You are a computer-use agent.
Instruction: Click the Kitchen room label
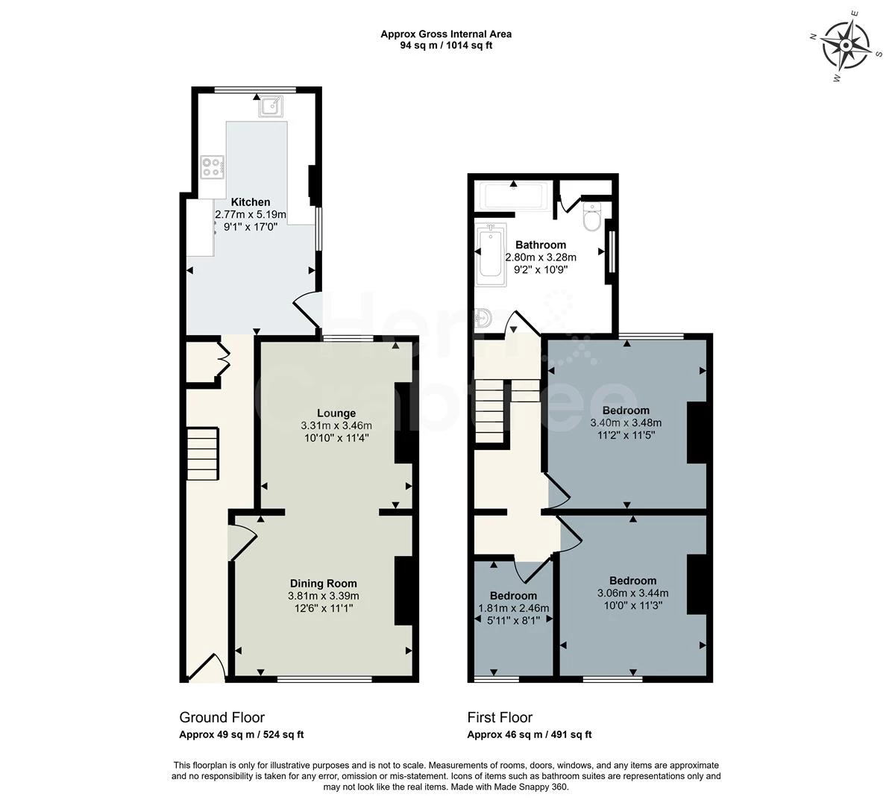pos(251,202)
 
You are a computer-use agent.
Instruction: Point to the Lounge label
pos(336,413)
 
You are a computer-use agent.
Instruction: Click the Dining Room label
pos(323,584)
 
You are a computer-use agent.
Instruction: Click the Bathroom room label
pos(541,245)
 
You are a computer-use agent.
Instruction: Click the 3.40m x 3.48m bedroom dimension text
pos(626,422)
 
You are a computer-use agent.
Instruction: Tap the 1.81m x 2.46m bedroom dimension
pos(513,608)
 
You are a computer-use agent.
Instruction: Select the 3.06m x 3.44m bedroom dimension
pos(632,593)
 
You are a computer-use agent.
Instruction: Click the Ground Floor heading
pos(222,717)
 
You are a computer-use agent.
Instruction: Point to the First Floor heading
pos(500,717)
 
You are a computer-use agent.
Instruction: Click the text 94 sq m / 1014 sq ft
pos(446,45)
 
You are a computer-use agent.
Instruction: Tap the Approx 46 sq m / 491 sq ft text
pos(529,734)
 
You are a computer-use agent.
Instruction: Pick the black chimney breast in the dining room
pos(403,590)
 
